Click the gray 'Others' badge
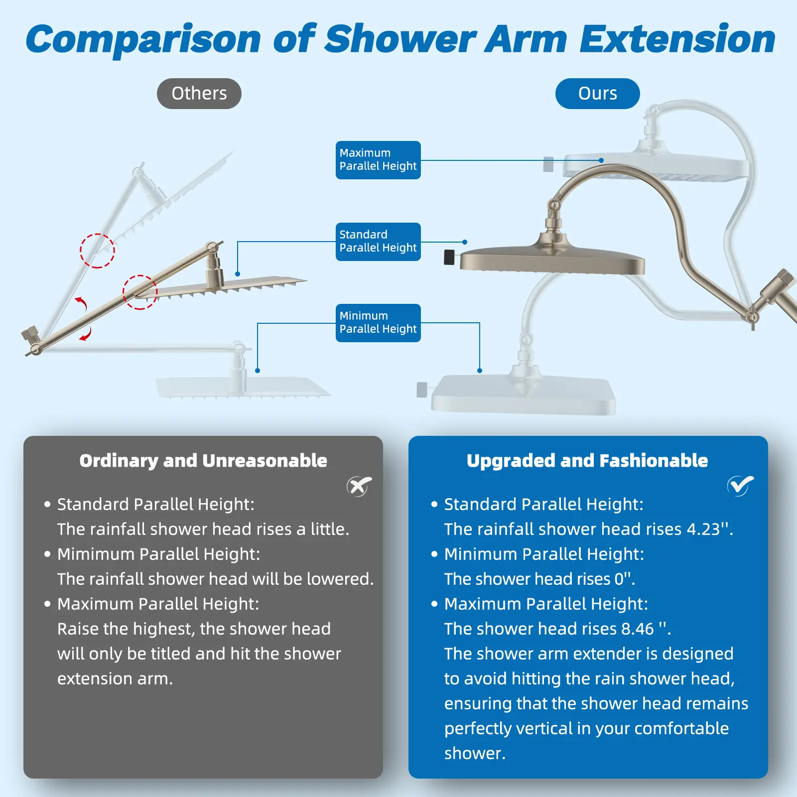pyautogui.click(x=199, y=94)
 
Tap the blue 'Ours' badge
pyautogui.click(x=597, y=94)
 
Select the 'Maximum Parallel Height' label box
pyautogui.click(x=378, y=160)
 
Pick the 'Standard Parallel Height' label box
pyautogui.click(x=378, y=242)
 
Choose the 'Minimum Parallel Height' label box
pyautogui.click(x=378, y=323)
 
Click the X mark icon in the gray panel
pyautogui.click(x=359, y=486)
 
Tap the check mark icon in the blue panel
pyautogui.click(x=740, y=486)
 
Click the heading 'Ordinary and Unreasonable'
pyautogui.click(x=203, y=461)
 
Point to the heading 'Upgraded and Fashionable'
pyautogui.click(x=587, y=461)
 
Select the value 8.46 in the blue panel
pyautogui.click(x=637, y=629)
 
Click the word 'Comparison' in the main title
pyautogui.click(x=143, y=40)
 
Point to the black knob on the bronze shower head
pyautogui.click(x=449, y=257)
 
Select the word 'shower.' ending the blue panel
pyautogui.click(x=475, y=753)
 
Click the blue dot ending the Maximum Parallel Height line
pyautogui.click(x=601, y=160)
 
